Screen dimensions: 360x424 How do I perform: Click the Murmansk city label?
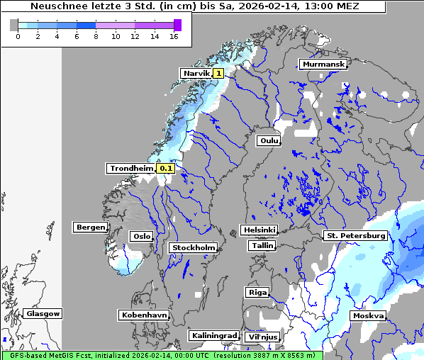coord(323,64)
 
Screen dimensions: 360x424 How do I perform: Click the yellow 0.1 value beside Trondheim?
coord(166,169)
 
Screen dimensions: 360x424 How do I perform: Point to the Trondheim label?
coord(130,169)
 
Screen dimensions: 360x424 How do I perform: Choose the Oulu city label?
coord(269,141)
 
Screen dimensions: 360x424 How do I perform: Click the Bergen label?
coord(90,227)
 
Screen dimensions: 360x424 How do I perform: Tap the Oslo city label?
coord(141,237)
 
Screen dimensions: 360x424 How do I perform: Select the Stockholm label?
coord(193,248)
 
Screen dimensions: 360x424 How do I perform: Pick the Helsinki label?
coord(259,230)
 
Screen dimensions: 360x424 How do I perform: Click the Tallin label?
coord(262,246)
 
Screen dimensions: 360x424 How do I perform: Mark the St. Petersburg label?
coord(355,235)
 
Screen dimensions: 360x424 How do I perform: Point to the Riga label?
coord(257,292)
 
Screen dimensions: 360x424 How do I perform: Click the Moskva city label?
coord(368,315)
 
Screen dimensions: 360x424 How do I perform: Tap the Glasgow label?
coord(43,313)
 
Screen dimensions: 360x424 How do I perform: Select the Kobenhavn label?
coord(144,315)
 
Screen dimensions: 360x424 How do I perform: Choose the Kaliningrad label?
coord(214,335)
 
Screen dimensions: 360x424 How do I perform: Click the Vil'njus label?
coord(262,337)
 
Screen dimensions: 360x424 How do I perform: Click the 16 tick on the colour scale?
coord(174,37)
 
